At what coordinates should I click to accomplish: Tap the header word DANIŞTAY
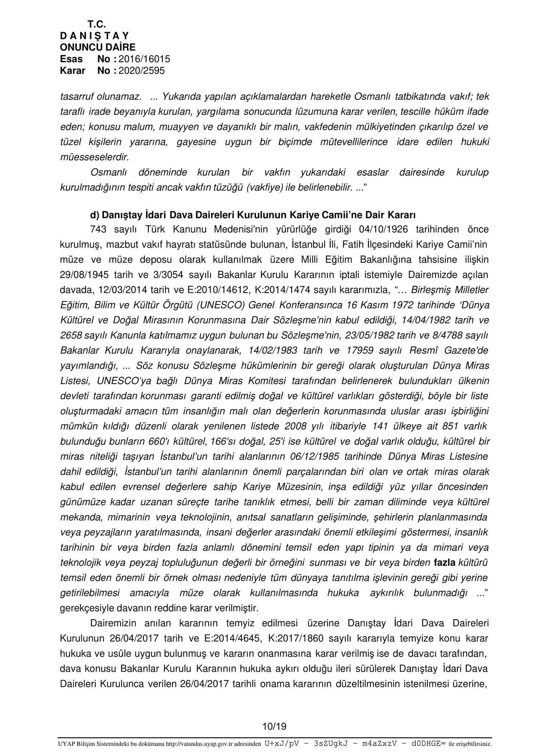pos(94,36)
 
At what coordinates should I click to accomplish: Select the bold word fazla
pos(445,562)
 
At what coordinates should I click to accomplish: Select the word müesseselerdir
pos(95,157)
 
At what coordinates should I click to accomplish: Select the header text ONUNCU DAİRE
pos(97,47)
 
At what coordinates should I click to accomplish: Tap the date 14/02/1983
pos(272,351)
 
